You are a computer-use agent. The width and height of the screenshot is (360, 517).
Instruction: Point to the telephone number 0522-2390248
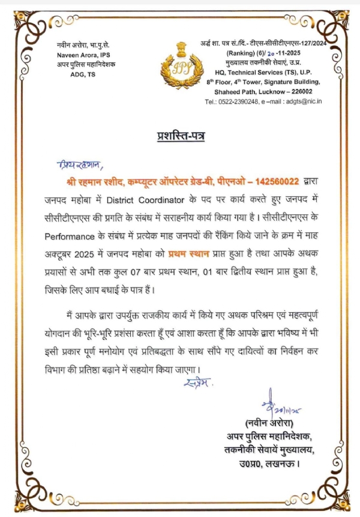[x=238, y=102]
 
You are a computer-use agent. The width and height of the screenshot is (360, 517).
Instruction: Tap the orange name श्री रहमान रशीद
[x=92, y=181]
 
